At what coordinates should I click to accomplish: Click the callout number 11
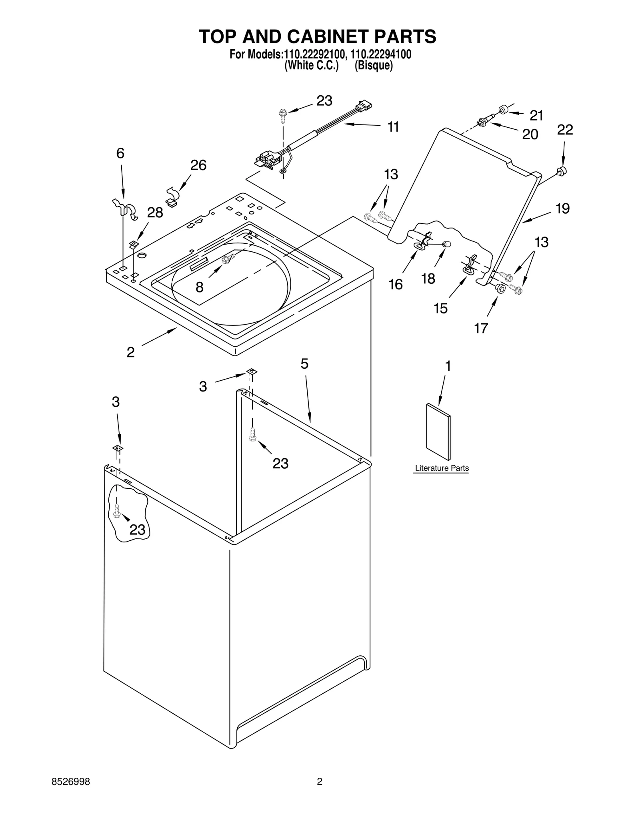coord(393,127)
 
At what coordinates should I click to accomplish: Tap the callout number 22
coord(565,130)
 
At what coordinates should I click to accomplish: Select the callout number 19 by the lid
coord(562,209)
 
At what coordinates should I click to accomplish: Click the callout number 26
coord(198,165)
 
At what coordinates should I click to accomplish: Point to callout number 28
coord(155,213)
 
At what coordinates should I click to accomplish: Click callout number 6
coord(120,153)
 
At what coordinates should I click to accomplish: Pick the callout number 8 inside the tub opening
coord(199,287)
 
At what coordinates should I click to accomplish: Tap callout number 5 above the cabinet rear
coord(304,363)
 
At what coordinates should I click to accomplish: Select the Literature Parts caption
coord(442,468)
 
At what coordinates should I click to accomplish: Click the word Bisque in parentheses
coord(374,65)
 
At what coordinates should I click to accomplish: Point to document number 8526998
coord(71,781)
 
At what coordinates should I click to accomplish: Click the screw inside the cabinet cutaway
coord(117,510)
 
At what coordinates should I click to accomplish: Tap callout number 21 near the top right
coord(536,115)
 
